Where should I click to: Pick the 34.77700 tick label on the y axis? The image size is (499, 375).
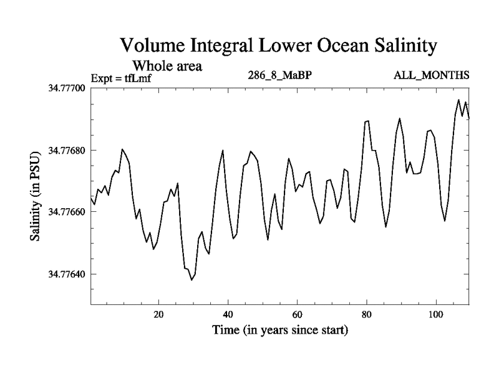(64, 88)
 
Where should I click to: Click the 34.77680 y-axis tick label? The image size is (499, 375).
(64, 150)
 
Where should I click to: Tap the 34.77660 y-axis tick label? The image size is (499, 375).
(64, 212)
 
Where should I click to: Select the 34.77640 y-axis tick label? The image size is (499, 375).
(64, 274)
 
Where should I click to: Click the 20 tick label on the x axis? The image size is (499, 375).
(158, 314)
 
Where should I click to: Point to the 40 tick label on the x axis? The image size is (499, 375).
(228, 314)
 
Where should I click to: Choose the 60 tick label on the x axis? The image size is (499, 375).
(297, 314)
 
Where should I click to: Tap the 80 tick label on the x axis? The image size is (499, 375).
(366, 314)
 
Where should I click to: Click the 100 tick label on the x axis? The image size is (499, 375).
(435, 314)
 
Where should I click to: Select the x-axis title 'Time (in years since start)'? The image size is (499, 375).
(279, 329)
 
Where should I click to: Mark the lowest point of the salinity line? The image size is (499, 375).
(191, 280)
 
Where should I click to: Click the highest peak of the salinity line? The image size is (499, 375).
(459, 99)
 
